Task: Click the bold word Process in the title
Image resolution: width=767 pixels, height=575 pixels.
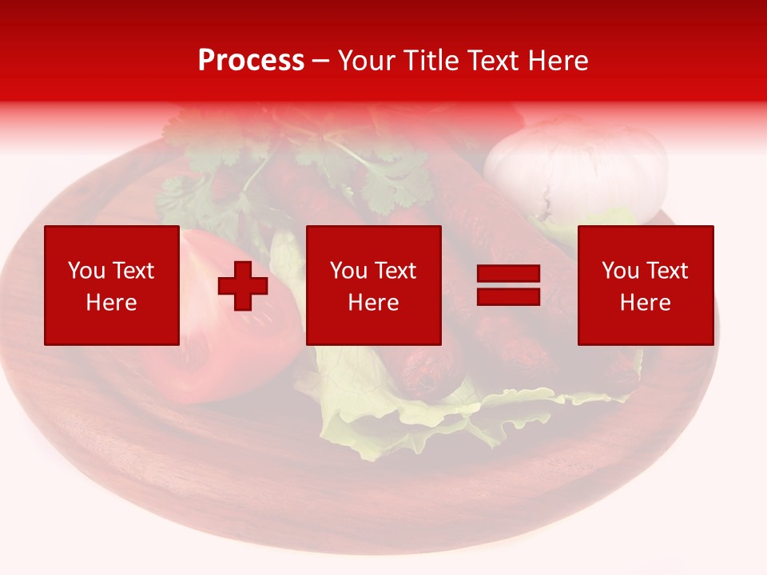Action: (x=251, y=61)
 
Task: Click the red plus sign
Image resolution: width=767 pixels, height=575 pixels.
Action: (x=243, y=286)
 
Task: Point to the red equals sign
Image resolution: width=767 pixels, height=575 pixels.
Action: (x=508, y=285)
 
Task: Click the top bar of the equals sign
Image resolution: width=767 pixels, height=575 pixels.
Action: (x=508, y=274)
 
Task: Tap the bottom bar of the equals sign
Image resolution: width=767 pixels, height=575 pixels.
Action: (x=508, y=296)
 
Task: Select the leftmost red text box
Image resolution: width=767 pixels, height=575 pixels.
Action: (x=111, y=285)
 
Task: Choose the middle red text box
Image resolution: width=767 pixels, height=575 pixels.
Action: (x=373, y=285)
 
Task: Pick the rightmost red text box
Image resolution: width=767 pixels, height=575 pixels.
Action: (x=645, y=285)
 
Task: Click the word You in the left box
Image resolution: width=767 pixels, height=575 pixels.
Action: (x=86, y=271)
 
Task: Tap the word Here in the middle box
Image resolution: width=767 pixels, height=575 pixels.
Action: (x=373, y=303)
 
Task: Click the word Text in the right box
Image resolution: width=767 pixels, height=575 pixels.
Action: (x=667, y=271)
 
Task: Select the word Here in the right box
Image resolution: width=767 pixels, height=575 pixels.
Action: (x=645, y=303)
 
